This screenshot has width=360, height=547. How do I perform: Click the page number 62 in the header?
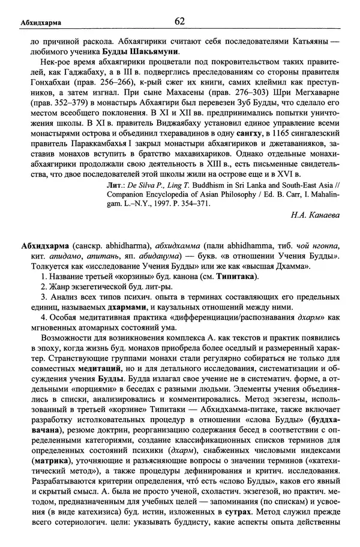click(x=180, y=22)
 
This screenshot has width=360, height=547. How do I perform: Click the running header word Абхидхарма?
click(x=37, y=23)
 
